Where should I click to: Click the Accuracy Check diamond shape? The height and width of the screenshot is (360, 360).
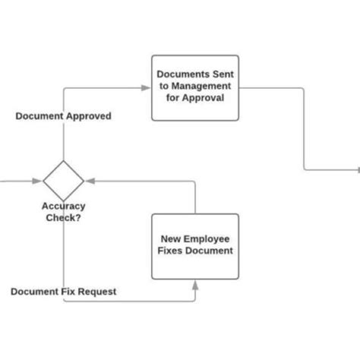pyautogui.click(x=63, y=181)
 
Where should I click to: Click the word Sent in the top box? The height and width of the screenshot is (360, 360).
pyautogui.click(x=221, y=74)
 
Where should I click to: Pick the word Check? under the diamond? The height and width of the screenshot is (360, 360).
pyautogui.click(x=63, y=217)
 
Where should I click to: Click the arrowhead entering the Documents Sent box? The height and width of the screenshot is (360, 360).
pyautogui.click(x=146, y=88)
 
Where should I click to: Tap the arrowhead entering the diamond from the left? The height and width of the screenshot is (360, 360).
pyautogui.click(x=36, y=181)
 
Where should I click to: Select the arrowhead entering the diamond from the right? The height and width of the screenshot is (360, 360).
pyautogui.click(x=90, y=181)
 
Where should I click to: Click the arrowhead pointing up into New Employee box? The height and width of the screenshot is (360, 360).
pyautogui.click(x=195, y=286)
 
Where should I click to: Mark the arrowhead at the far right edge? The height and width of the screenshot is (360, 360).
pyautogui.click(x=356, y=170)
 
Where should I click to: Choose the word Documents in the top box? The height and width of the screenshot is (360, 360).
pyautogui.click(x=183, y=74)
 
